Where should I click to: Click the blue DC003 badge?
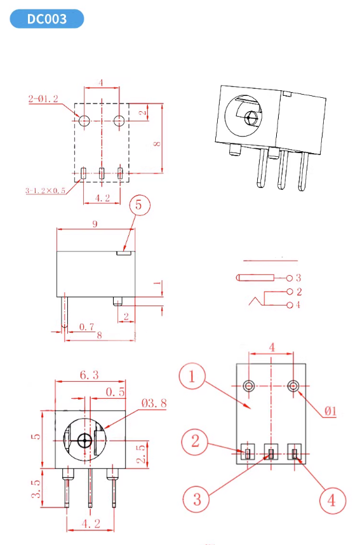click(46, 19)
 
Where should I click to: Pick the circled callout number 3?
click(197, 499)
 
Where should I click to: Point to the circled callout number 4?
click(331, 499)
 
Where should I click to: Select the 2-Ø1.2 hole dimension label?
click(43, 99)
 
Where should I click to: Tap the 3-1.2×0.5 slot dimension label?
click(46, 190)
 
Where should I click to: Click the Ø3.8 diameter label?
click(154, 403)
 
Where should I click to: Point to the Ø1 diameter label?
click(330, 411)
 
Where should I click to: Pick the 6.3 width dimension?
click(89, 375)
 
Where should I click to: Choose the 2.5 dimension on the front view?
click(141, 454)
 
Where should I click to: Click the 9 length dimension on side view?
click(95, 224)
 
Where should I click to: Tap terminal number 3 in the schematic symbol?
click(298, 278)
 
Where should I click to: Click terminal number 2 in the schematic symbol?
click(298, 292)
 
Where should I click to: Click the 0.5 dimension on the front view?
click(115, 391)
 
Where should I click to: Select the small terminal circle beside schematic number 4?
click(290, 306)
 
